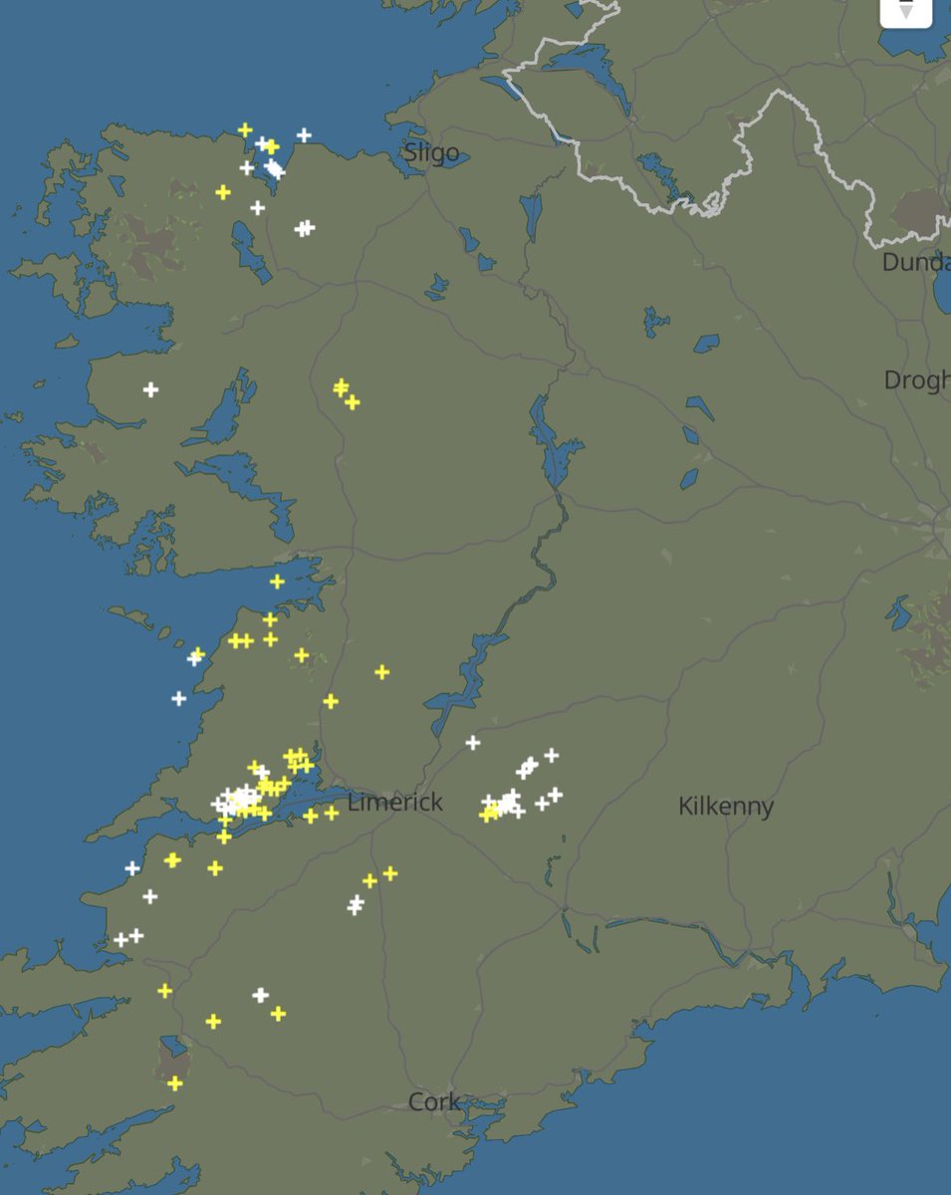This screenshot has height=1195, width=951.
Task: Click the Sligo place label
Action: pyautogui.click(x=431, y=153)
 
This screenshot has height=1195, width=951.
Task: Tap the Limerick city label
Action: pyautogui.click(x=395, y=802)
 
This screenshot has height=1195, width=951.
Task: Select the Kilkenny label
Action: pyautogui.click(x=725, y=806)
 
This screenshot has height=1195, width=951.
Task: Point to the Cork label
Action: pyautogui.click(x=434, y=1101)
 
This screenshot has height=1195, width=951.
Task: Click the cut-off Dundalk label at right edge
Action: pyautogui.click(x=915, y=263)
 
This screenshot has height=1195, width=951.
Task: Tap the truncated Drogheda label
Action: pyautogui.click(x=916, y=380)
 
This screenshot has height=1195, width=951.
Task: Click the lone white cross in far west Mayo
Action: pyautogui.click(x=150, y=389)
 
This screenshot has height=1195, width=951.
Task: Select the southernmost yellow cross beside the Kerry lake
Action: pyautogui.click(x=175, y=1082)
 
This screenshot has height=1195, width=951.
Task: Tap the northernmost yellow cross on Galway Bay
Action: pyautogui.click(x=277, y=582)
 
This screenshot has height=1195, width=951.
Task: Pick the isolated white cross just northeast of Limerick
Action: pyautogui.click(x=473, y=742)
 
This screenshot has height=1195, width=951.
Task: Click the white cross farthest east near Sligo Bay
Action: pyautogui.click(x=304, y=134)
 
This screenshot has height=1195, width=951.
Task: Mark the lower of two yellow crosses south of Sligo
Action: pyautogui.click(x=352, y=402)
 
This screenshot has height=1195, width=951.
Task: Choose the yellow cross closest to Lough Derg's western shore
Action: pyautogui.click(x=381, y=672)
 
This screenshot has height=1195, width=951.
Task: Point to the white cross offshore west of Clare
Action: pyautogui.click(x=178, y=698)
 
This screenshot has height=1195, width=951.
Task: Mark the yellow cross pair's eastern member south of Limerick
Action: pyautogui.click(x=390, y=873)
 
